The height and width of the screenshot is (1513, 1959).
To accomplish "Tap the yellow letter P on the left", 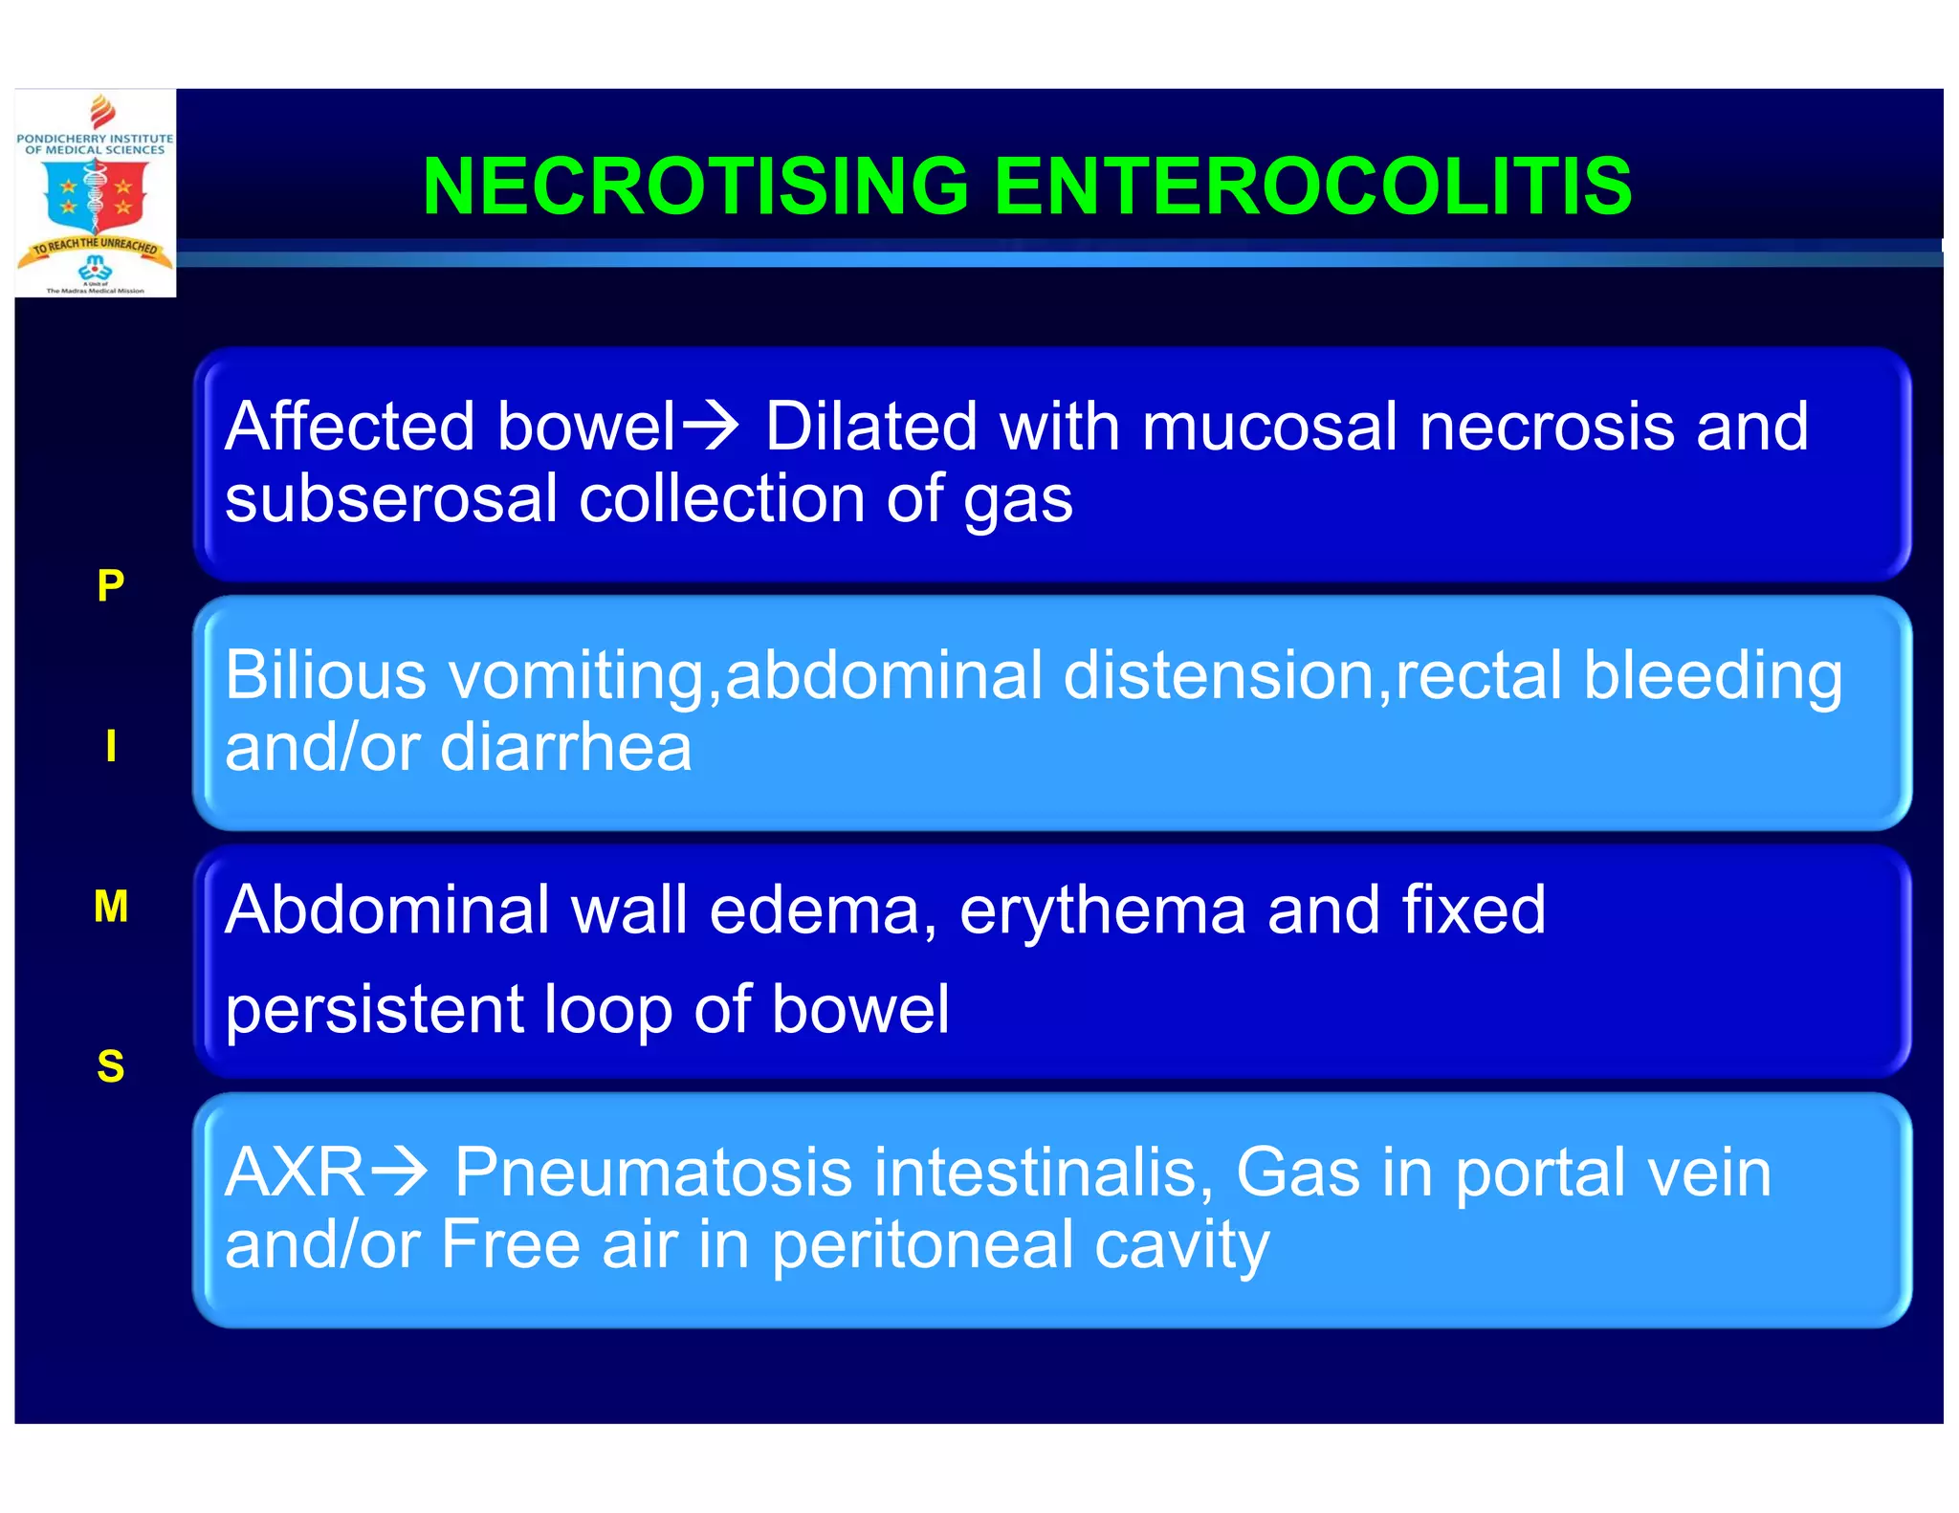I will coord(111,584).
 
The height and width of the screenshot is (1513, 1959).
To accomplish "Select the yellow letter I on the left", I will coord(111,745).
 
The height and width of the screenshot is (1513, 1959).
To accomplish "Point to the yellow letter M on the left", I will coord(111,906).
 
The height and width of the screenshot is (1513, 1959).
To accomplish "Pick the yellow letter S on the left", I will coord(111,1065).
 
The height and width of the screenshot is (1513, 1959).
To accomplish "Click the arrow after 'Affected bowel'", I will coord(709,426).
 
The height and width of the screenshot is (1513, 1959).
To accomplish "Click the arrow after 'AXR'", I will coord(398,1172).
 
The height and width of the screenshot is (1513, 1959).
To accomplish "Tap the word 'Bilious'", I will coord(325,675).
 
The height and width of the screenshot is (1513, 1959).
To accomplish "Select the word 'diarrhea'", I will coord(565,747).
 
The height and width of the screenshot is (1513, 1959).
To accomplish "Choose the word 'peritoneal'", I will coord(921,1245).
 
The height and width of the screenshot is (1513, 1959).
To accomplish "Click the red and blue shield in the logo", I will coord(96,196).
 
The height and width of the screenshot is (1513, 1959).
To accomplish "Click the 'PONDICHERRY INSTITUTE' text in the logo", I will coord(95,139).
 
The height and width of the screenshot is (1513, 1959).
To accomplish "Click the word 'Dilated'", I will coord(870,426).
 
